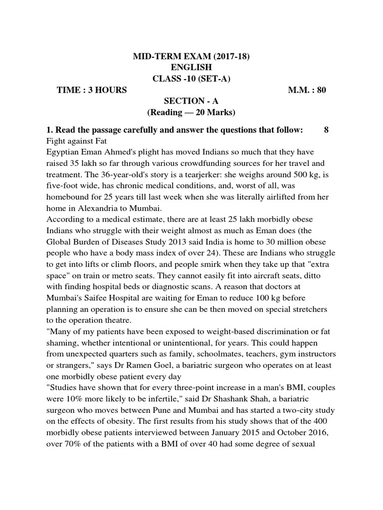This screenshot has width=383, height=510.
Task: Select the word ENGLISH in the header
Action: [x=191, y=68]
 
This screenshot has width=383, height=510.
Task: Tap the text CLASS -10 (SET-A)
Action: [x=191, y=79]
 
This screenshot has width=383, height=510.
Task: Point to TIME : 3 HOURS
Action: [x=92, y=90]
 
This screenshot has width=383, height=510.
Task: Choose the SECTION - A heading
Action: [x=191, y=101]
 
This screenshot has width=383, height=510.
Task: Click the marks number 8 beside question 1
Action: [x=326, y=130]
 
